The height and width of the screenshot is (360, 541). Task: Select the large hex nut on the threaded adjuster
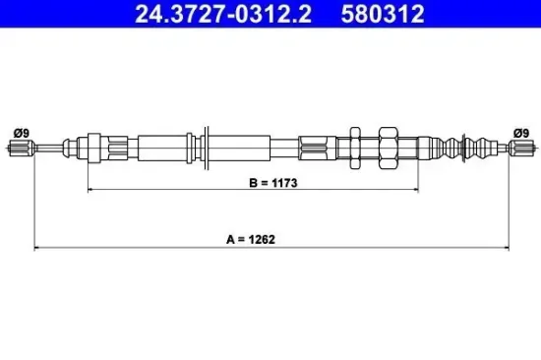383,148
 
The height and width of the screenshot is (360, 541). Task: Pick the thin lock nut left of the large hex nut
356,148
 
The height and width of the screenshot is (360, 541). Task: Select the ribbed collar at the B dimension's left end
94,148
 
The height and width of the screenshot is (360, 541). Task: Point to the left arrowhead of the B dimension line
90,190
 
